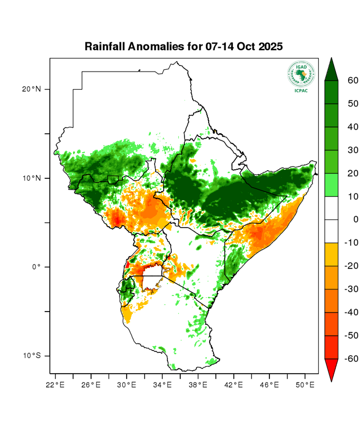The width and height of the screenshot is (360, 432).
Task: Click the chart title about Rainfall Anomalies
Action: (183, 47)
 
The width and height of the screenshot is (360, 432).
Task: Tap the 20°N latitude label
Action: (31, 89)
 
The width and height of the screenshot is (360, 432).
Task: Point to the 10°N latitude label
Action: (31, 178)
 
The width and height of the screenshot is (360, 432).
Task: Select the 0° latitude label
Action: (36, 267)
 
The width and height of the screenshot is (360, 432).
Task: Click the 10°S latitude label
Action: (31, 356)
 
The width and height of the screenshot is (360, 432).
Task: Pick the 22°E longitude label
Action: (55, 384)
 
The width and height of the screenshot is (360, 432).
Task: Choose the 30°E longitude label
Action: (127, 384)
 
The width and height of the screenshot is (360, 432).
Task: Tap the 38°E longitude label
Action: (198, 384)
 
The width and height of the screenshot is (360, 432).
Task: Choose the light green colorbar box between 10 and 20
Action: (331, 185)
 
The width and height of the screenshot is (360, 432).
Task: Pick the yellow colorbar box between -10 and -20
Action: (331, 254)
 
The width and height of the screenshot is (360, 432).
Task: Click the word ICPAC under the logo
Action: (301, 91)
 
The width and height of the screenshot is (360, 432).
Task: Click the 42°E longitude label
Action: (234, 384)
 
